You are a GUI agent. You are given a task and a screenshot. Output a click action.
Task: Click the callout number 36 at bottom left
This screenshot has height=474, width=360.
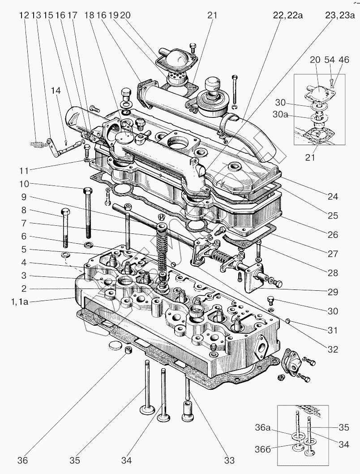tap(23, 460)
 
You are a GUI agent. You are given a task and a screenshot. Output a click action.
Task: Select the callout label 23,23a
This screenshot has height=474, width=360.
tap(340, 16)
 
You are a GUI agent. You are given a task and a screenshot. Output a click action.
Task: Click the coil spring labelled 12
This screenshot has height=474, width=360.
tap(38, 144)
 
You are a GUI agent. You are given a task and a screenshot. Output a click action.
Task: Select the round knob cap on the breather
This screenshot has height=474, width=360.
tap(212, 84)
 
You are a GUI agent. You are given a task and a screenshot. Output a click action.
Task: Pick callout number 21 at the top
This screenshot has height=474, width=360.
tap(212, 16)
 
